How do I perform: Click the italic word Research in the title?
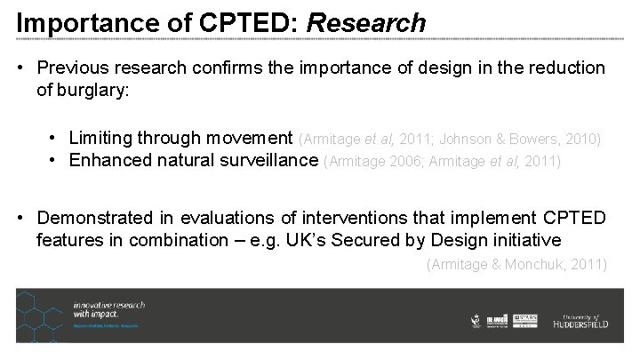pos(366,22)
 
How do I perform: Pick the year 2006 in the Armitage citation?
pos(405,161)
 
